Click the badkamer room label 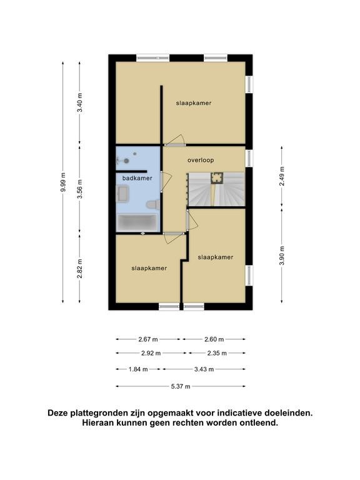[137, 178]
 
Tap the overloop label [201, 160]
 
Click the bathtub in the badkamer [137, 222]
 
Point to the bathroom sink [123, 194]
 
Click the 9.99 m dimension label [63, 182]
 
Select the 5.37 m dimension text [181, 386]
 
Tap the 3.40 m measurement [79, 102]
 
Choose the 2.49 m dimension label [282, 176]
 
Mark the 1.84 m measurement [138, 369]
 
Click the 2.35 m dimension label [217, 353]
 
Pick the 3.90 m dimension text [282, 256]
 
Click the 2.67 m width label [148, 339]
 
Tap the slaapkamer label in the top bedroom [194, 103]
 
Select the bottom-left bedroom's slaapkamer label [149, 268]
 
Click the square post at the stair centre [216, 178]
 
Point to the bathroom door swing [167, 182]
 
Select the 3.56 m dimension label [79, 189]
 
